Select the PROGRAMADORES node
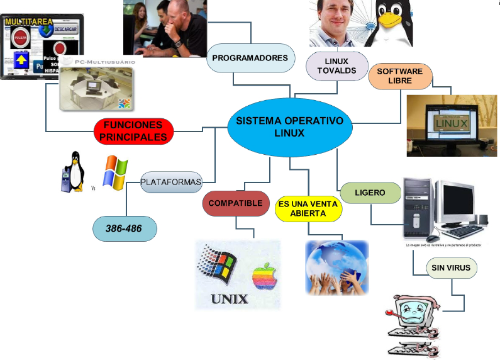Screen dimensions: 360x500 coord(250,58)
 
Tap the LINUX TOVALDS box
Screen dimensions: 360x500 coord(332,65)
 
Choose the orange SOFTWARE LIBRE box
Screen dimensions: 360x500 coord(399,76)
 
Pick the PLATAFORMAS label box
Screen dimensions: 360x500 coord(171,183)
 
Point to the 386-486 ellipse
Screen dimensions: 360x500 coord(124,228)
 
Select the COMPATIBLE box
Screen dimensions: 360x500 coord(235,204)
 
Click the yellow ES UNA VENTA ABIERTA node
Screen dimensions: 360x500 coord(308,208)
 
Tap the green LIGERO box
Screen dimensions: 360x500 coord(370,193)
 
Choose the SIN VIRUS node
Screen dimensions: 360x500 coord(450,269)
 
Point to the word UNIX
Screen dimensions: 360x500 coord(229,298)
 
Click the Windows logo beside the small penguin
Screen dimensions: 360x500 coord(115,172)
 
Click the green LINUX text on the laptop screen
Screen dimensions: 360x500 coord(451,123)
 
